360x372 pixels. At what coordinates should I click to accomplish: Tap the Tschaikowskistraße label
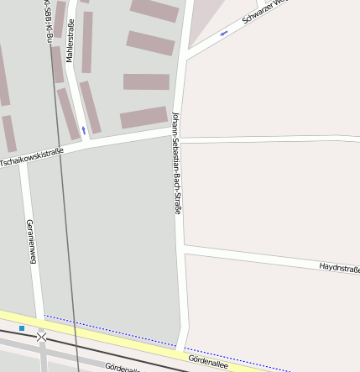(x=32, y=157)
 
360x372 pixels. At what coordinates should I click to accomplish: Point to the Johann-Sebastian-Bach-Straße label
(x=177, y=163)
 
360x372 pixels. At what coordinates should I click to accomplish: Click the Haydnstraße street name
(x=339, y=269)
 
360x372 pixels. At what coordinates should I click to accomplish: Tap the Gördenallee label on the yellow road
(x=207, y=360)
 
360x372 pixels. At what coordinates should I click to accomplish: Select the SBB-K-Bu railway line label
(x=48, y=22)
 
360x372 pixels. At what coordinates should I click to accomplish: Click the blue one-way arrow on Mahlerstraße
(x=84, y=130)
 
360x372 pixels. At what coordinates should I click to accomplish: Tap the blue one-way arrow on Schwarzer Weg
(x=224, y=34)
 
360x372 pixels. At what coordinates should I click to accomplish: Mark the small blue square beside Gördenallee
(x=22, y=327)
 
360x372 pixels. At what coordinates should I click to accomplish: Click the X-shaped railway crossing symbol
(x=41, y=337)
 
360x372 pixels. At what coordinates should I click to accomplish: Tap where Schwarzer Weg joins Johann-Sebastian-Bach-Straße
(x=185, y=55)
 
